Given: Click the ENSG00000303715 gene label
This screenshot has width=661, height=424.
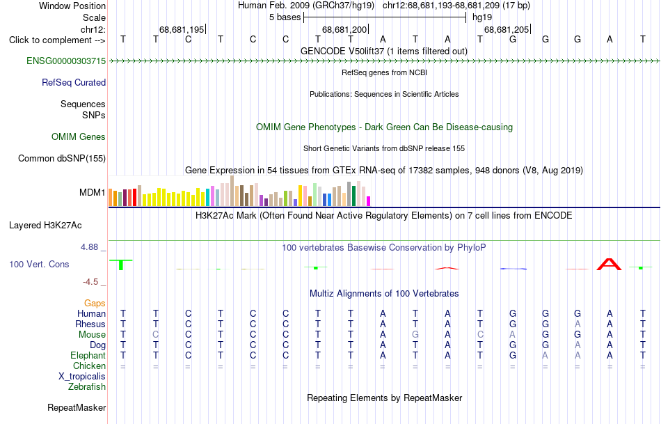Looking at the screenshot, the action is tap(66, 61).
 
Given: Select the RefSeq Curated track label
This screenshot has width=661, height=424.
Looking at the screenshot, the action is tap(74, 82).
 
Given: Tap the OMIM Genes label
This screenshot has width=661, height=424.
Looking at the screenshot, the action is tap(79, 136).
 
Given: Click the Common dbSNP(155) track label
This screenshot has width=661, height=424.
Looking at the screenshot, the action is tap(62, 158).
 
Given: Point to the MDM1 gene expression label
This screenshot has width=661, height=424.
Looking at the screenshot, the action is tap(93, 192).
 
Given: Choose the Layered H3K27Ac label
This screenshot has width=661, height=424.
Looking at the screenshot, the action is tap(45, 226).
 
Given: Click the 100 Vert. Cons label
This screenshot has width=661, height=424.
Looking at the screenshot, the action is tap(39, 264).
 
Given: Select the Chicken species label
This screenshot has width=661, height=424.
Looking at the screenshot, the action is tap(89, 366).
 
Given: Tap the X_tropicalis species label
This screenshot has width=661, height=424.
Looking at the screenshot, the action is tap(82, 377).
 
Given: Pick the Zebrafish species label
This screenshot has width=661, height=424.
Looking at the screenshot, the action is tap(87, 386).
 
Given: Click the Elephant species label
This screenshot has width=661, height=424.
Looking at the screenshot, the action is tap(88, 355).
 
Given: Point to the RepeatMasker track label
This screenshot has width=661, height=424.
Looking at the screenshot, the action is tap(77, 407).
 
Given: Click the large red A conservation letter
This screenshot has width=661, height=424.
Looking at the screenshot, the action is tap(609, 265).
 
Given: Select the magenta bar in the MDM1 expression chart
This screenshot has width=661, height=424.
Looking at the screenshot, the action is tap(369, 201).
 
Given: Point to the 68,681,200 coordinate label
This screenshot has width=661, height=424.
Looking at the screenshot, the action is tap(344, 29).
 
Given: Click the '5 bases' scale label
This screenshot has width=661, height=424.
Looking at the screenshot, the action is tap(285, 17).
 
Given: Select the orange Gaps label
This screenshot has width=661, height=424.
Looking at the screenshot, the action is tap(95, 303).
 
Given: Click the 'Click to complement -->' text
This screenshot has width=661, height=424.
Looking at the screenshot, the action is tap(57, 40).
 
